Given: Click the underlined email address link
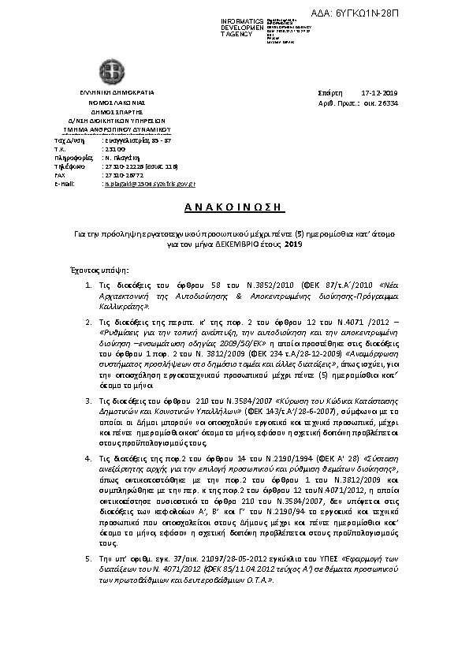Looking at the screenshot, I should [x=150, y=183].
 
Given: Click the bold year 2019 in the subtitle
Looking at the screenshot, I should [x=292, y=245].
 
